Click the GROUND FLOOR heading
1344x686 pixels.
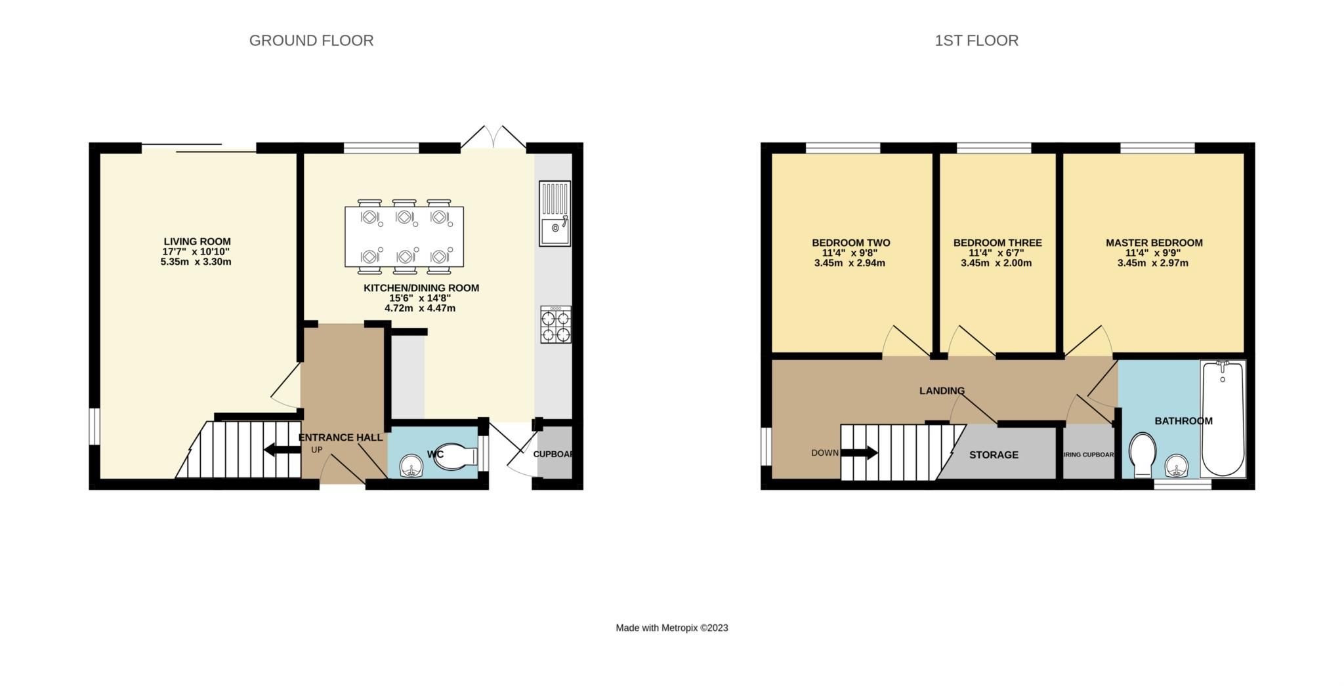click(311, 41)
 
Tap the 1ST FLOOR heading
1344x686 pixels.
click(976, 41)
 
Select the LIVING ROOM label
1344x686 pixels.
click(197, 241)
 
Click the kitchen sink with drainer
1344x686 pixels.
click(555, 214)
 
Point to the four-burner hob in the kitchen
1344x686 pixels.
click(555, 325)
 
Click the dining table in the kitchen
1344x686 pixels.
click(404, 237)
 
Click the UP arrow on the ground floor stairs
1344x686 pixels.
click(282, 450)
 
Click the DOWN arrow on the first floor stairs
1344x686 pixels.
click(859, 453)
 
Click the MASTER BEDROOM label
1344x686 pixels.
click(1154, 243)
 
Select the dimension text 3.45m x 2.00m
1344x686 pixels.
click(996, 264)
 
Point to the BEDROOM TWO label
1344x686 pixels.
click(850, 243)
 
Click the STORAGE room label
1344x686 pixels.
click(994, 454)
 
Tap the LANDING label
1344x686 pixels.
click(941, 391)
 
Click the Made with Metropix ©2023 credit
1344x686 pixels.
click(671, 628)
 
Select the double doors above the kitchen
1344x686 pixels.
click(493, 137)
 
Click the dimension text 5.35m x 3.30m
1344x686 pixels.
click(196, 262)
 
